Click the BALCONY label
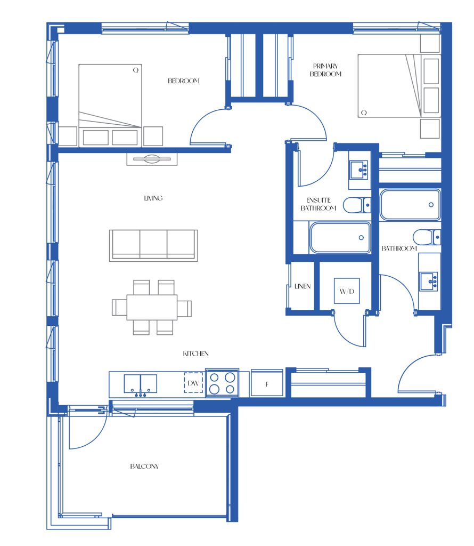coord(144,466)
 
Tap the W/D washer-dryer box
coord(347,291)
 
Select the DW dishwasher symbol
coord(193,383)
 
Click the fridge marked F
coord(267,383)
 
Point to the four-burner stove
coord(222,383)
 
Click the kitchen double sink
coord(141,384)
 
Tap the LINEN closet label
coord(302,286)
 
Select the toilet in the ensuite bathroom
coord(357,205)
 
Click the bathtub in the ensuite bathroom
coord(340,237)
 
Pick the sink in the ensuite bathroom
coord(359,170)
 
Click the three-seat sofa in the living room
coord(153,245)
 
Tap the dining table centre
coord(152,308)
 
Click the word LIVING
coord(153,198)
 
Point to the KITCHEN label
coord(196,354)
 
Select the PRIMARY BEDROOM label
coord(325,70)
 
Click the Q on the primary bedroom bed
coord(364,113)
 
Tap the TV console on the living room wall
coord(152,159)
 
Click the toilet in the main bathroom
coord(427,237)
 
